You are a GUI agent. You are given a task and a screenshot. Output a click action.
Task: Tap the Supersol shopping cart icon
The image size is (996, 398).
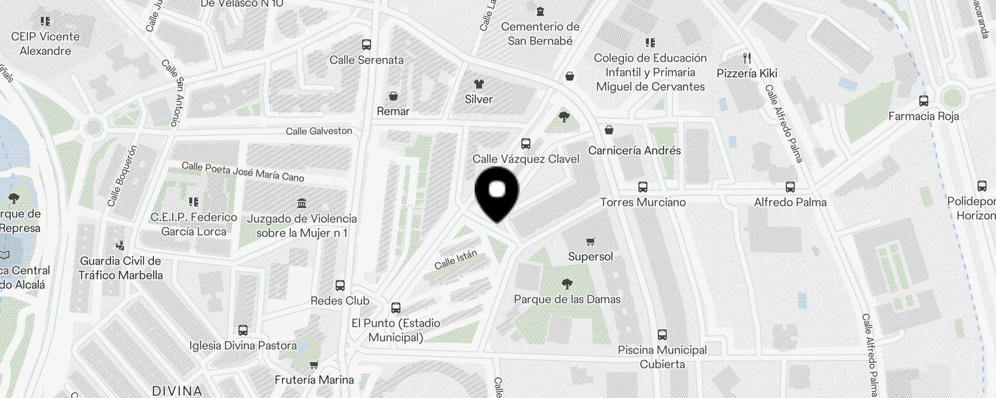pyautogui.click(x=590, y=242)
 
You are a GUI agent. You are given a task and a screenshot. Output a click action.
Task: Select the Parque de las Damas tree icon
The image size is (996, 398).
pyautogui.click(x=567, y=284)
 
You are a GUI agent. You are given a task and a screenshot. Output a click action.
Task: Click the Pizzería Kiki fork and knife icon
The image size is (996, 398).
pyautogui.click(x=747, y=58)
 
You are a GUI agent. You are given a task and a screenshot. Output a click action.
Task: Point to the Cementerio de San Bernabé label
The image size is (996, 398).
pyautogui.click(x=540, y=33)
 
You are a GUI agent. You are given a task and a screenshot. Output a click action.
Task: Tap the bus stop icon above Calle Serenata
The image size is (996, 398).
pyautogui.click(x=367, y=45)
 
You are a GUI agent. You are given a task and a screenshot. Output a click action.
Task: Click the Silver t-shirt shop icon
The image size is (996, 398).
pyautogui.click(x=479, y=84)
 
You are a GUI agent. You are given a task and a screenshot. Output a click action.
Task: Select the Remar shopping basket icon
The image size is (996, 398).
pyautogui.click(x=393, y=96)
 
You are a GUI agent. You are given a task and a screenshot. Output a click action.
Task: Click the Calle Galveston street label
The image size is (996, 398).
pyautogui.click(x=319, y=131)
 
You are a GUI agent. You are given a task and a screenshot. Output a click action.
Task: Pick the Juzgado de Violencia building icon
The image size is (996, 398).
pyautogui.click(x=301, y=203)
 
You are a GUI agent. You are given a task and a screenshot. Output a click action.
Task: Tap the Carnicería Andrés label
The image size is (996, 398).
pyautogui.click(x=634, y=150)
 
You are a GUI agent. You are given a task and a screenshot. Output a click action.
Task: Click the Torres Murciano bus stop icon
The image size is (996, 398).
pyautogui.click(x=642, y=188)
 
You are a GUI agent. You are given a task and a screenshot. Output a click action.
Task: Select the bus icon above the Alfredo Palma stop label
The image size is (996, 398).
pyautogui.click(x=790, y=187)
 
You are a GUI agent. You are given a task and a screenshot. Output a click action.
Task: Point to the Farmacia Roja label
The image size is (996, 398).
pyautogui.click(x=923, y=116)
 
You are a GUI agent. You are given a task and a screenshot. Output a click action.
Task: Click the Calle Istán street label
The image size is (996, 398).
pyautogui.click(x=456, y=260)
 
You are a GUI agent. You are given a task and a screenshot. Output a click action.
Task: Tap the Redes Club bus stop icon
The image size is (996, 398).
pyautogui.click(x=340, y=286)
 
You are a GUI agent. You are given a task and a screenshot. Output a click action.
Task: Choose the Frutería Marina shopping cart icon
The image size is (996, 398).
pyautogui.click(x=314, y=365)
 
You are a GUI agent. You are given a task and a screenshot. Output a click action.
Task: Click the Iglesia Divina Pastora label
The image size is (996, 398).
pyautogui.click(x=243, y=345)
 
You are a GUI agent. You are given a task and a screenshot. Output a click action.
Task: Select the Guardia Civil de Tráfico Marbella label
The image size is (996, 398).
pyautogui.click(x=121, y=268)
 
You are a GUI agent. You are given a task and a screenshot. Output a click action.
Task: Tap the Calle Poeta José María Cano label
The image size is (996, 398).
pyautogui.click(x=243, y=171)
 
